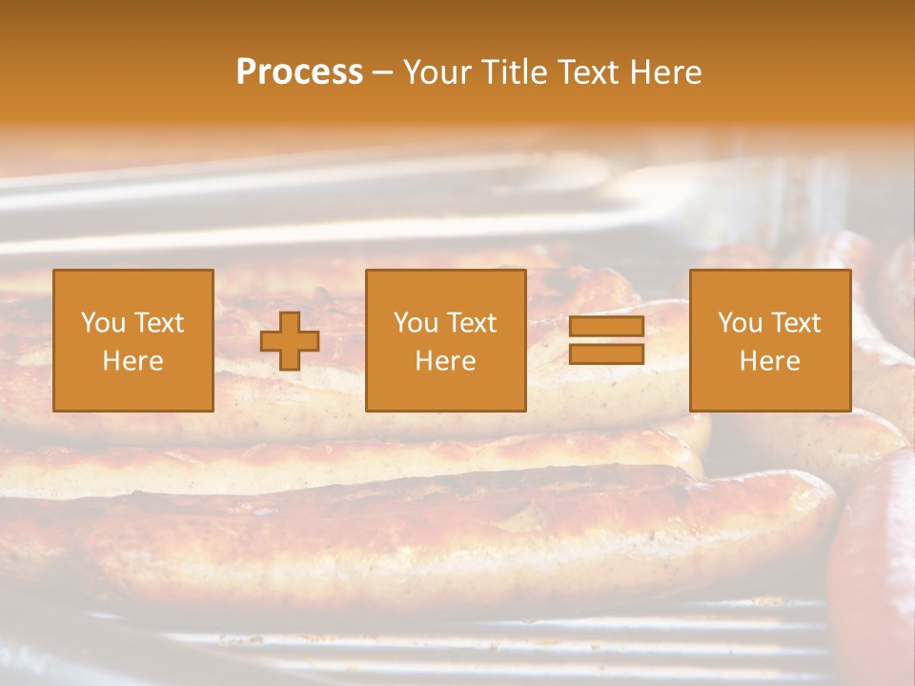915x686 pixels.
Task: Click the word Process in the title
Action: (x=299, y=72)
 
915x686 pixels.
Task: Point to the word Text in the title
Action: (x=591, y=72)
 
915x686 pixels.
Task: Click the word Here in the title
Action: (x=668, y=72)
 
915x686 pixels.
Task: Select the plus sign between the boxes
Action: (x=291, y=341)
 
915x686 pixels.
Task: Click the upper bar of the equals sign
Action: (x=606, y=327)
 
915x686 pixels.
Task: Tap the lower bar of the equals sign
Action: (x=606, y=354)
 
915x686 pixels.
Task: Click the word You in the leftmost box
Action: (x=103, y=323)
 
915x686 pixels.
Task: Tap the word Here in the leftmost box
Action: (x=133, y=361)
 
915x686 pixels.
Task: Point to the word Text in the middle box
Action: (x=472, y=323)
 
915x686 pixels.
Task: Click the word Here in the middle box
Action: (x=446, y=361)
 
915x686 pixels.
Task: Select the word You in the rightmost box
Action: (x=740, y=323)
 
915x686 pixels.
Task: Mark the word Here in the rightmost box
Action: (x=770, y=361)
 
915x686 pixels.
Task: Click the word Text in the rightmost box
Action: (x=796, y=323)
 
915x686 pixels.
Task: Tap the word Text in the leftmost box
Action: (x=159, y=323)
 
